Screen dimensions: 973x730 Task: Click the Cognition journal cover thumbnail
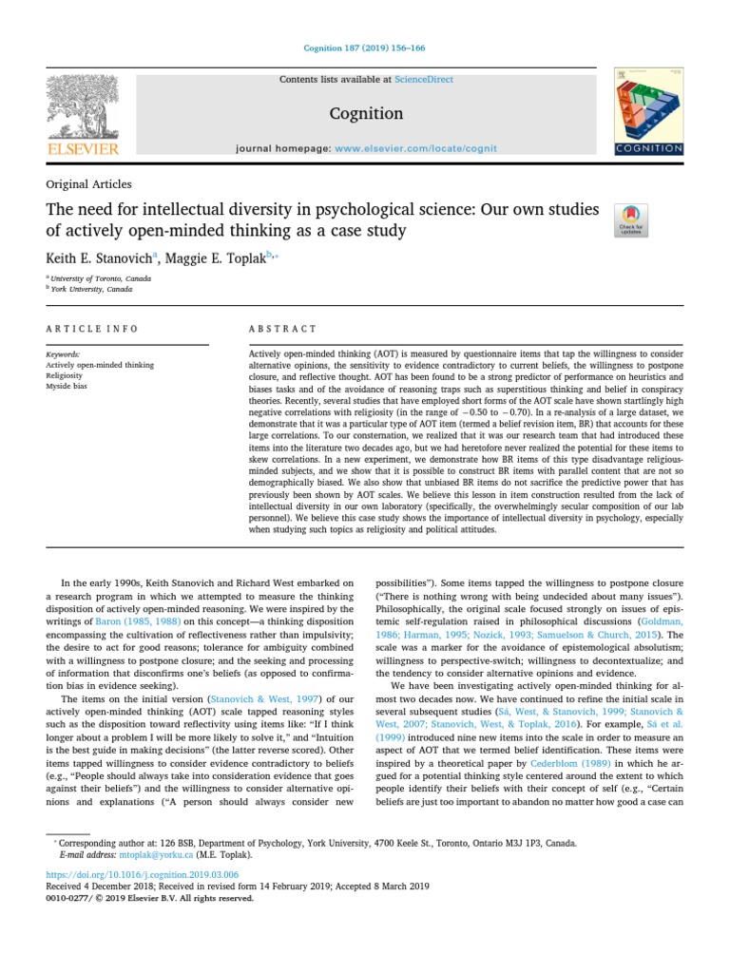point(648,112)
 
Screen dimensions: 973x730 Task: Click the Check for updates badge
point(631,219)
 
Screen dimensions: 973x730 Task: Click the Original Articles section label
point(88,184)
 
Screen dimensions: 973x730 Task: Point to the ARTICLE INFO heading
point(91,329)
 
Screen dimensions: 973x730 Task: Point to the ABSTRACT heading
point(282,329)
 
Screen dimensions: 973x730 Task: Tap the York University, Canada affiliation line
point(92,289)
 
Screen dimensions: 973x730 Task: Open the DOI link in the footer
point(142,874)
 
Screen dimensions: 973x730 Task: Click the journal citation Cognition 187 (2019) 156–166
point(365,48)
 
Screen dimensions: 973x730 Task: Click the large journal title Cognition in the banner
point(365,113)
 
